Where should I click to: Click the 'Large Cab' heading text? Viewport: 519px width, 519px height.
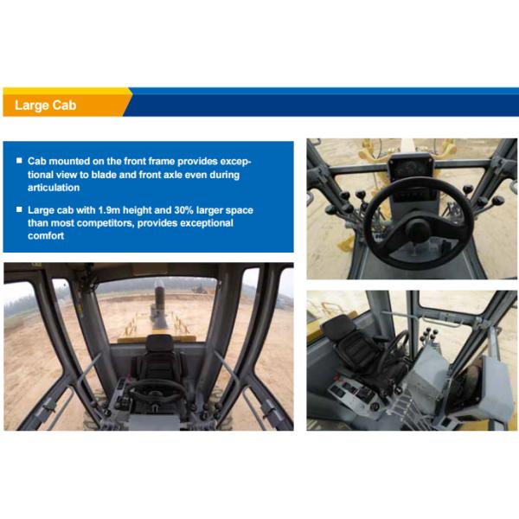[46, 106]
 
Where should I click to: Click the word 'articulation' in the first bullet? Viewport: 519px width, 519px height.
[54, 188]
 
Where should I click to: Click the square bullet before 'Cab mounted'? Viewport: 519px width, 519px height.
[20, 162]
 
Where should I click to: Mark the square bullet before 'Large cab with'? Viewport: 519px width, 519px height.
[20, 209]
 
